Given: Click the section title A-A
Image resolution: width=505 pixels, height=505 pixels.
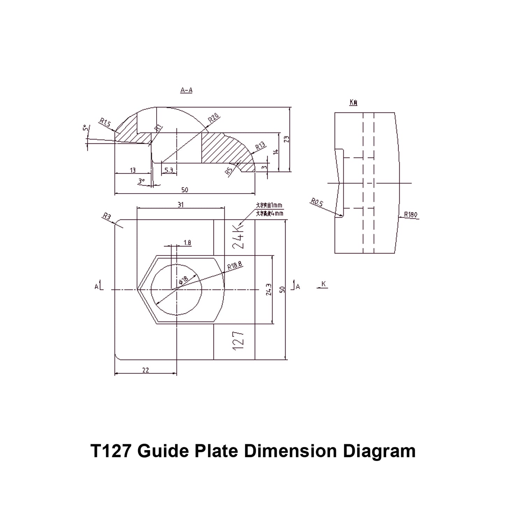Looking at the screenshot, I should (186, 90).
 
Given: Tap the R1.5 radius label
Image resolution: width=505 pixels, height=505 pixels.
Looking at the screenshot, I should (105, 122).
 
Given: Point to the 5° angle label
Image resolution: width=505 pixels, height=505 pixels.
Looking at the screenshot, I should (85, 128).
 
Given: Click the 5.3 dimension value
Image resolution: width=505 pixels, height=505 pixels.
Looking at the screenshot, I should (168, 171).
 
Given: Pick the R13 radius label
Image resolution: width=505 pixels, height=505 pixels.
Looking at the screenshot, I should (261, 146).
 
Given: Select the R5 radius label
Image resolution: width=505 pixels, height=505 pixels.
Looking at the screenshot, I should (229, 171).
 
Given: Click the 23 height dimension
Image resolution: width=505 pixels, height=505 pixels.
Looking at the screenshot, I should (287, 139).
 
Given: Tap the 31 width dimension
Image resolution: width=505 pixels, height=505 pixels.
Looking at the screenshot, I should (180, 205).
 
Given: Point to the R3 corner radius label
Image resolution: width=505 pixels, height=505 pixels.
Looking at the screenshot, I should (107, 217).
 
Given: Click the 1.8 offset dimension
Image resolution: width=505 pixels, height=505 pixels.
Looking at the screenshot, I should (187, 243).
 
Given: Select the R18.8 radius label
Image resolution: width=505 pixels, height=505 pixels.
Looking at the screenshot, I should (235, 267).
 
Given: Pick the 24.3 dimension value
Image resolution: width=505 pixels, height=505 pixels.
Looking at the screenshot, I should (268, 289).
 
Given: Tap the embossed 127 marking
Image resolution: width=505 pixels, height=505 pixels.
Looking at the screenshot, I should (238, 341).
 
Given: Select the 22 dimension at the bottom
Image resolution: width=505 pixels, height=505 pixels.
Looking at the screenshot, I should (146, 370).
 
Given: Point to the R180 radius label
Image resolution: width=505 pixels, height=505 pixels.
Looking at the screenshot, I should (411, 215).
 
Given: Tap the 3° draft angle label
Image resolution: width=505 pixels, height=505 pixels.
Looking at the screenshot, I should (141, 181).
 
